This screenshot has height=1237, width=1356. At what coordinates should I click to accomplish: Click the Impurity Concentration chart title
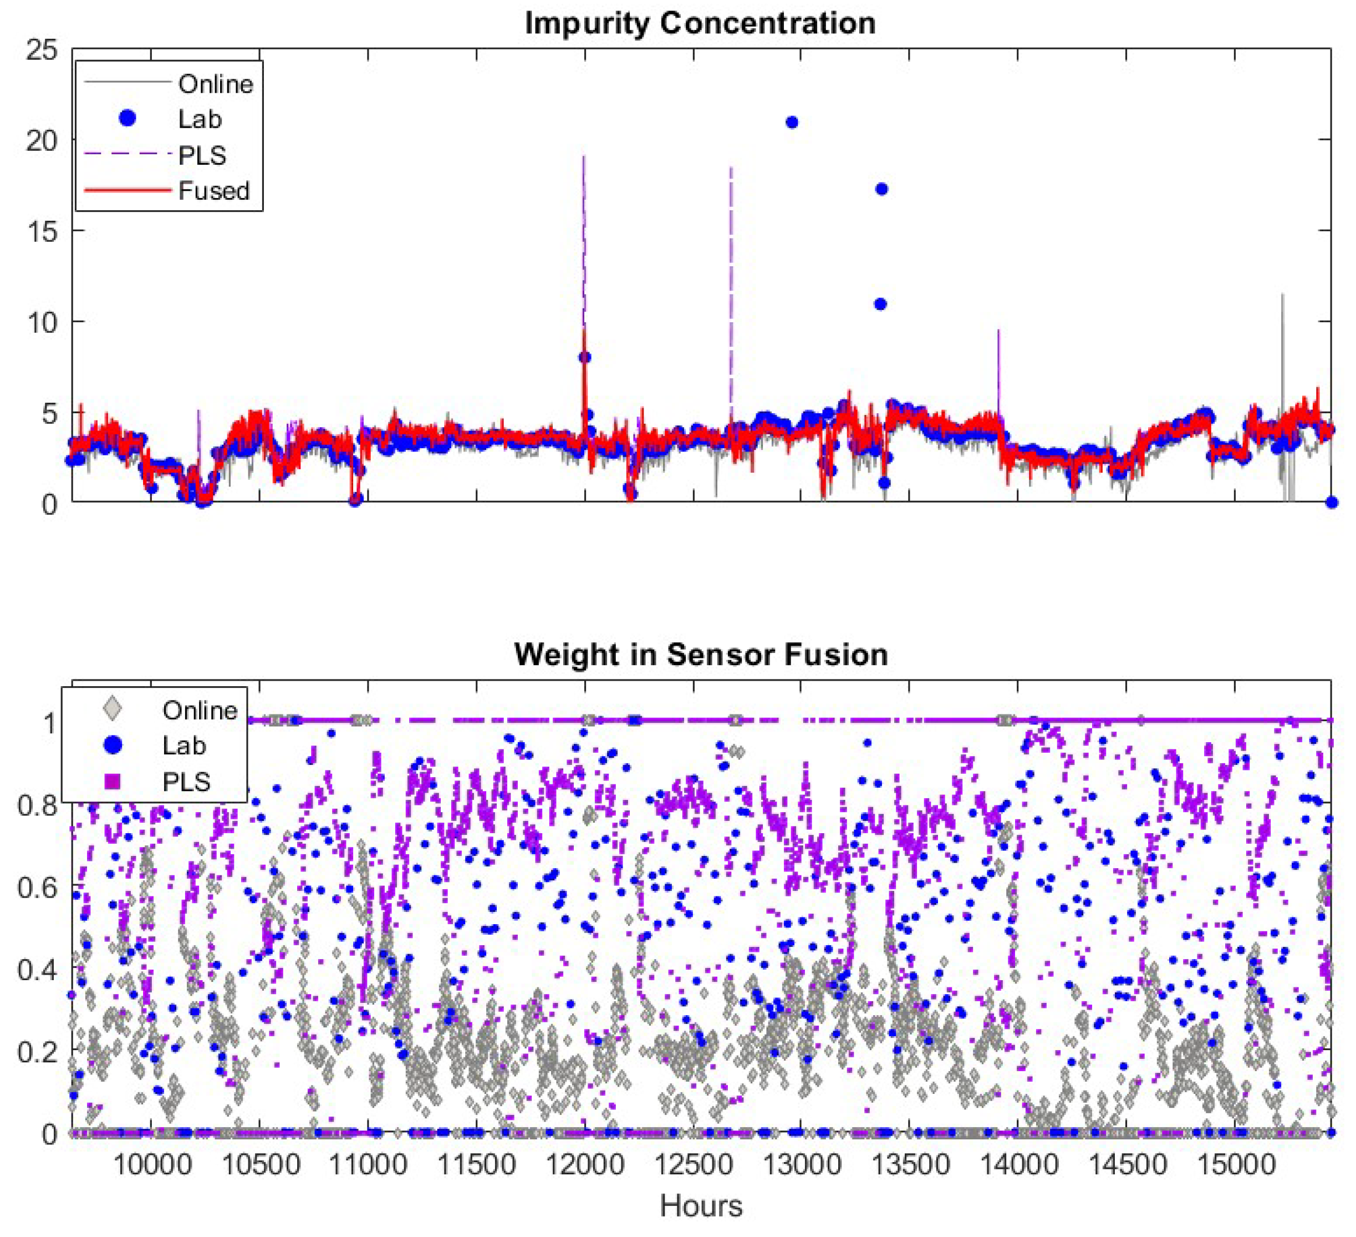coord(700,23)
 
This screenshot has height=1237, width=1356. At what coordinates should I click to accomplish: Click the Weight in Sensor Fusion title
coord(700,654)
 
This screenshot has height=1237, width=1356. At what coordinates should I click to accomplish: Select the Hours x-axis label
coord(700,1205)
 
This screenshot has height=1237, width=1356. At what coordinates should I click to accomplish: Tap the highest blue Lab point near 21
coord(792,123)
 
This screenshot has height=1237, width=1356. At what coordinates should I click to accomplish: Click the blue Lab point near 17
coord(881,189)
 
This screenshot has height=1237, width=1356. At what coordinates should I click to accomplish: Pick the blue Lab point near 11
coord(880,304)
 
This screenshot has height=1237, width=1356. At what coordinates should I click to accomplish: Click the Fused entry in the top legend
coord(213,191)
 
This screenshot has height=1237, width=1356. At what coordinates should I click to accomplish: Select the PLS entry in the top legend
coord(202,155)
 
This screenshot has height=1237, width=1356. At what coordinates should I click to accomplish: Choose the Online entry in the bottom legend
coord(199,711)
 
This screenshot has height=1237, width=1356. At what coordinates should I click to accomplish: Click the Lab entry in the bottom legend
coord(183,746)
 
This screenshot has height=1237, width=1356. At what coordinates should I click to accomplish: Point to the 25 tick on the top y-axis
coord(42,50)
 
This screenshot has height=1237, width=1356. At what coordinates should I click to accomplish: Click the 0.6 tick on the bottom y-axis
coord(37,887)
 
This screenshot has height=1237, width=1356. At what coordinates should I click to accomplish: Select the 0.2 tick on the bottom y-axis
coord(37,1051)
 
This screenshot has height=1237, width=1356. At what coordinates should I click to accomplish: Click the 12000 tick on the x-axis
coord(584,1164)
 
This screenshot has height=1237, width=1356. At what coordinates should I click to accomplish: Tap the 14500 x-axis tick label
coord(1126,1164)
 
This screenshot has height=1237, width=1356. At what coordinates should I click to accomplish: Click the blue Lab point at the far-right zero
coord(1331,502)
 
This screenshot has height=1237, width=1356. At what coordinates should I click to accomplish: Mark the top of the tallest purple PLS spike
coord(583,158)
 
